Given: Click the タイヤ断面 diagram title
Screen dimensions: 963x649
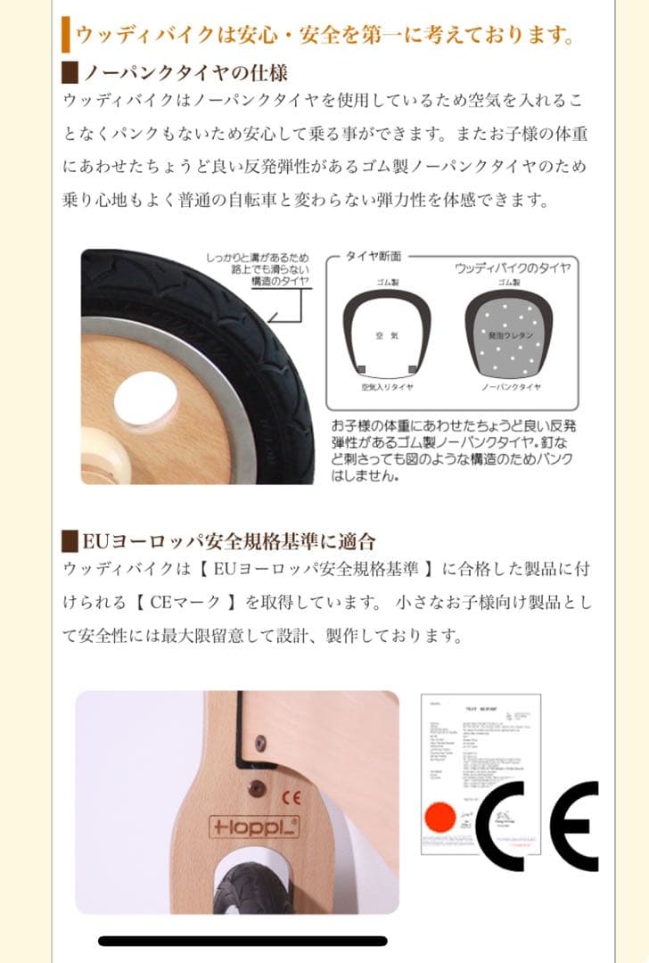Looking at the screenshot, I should pos(379,256).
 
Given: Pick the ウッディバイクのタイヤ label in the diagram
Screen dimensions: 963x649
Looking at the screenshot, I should pos(512,267).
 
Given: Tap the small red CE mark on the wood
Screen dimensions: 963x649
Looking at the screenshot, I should pos(289,796).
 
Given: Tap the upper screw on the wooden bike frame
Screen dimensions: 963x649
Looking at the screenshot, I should pos(259,741).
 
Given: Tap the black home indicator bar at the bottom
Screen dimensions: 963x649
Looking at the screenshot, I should pos(242,941).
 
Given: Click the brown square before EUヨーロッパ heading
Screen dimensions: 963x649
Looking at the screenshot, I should pos(70,541).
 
